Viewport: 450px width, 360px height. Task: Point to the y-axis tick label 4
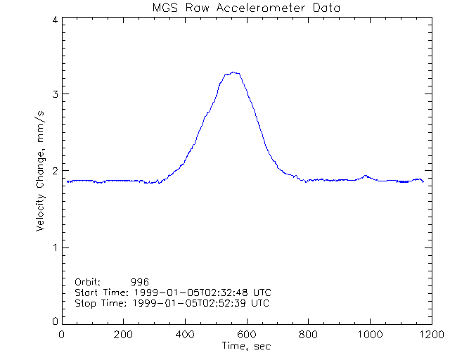point(54,20)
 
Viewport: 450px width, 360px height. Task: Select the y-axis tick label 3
point(54,94)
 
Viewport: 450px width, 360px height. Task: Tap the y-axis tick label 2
point(54,171)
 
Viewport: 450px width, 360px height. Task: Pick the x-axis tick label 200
point(124,335)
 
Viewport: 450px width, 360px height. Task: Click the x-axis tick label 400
point(185,335)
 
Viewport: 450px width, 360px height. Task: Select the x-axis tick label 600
point(246,335)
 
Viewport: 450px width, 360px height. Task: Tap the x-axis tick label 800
point(307,335)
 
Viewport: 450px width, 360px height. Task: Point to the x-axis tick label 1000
point(368,335)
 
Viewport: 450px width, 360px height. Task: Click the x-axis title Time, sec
point(245,347)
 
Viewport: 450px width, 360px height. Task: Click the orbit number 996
point(149,281)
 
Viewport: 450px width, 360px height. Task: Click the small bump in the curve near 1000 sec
point(365,176)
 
